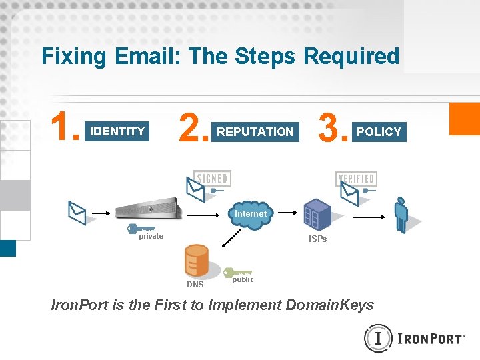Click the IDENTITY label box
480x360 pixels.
tap(117, 131)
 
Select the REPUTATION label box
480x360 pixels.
tap(255, 132)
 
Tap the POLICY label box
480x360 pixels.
tap(379, 132)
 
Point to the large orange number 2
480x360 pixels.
tap(193, 127)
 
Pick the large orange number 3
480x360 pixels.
tap(333, 127)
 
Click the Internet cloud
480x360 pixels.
tap(250, 214)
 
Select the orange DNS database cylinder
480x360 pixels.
tap(197, 261)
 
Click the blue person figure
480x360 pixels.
tap(401, 215)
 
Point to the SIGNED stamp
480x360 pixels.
tap(212, 178)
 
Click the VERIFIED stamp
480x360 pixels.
tap(356, 179)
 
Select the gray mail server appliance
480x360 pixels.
tap(148, 208)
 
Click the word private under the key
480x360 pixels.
tap(151, 236)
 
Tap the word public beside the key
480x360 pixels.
tap(243, 279)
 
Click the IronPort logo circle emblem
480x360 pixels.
tap(378, 338)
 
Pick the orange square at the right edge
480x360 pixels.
tap(465, 119)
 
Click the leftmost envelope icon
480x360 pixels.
tap(77, 213)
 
